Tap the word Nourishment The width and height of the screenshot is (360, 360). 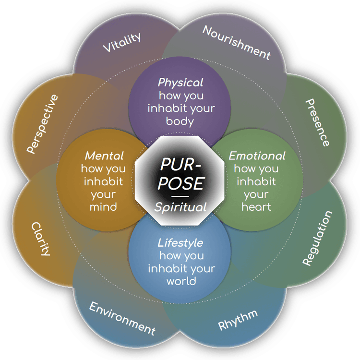(x=237, y=42)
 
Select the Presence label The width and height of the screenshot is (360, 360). (x=318, y=122)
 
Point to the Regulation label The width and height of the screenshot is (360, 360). (x=317, y=238)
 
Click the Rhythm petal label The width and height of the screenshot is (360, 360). (x=238, y=320)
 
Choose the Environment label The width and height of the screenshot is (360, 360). (x=122, y=318)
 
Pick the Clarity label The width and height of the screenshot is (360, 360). (x=41, y=239)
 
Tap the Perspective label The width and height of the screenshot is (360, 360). (x=42, y=124)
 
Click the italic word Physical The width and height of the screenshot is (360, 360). (x=180, y=83)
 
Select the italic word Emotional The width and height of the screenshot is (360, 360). (x=257, y=156)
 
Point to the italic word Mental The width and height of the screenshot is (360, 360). (x=104, y=156)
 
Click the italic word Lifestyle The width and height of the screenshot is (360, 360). (x=180, y=243)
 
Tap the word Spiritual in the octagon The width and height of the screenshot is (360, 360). (x=180, y=207)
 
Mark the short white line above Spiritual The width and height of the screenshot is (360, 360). (x=180, y=197)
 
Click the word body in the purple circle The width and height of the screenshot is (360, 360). (x=180, y=121)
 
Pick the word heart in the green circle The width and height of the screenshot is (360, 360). (x=257, y=207)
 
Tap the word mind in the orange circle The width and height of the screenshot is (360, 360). (x=103, y=207)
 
